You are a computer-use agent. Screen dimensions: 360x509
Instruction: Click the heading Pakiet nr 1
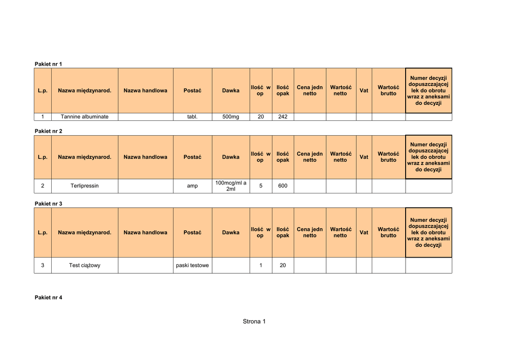pos(48,64)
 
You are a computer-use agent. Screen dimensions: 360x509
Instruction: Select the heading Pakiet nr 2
pos(48,131)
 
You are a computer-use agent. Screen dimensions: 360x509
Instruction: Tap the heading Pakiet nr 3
pos(48,204)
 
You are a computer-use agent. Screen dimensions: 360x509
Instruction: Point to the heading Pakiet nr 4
pos(48,297)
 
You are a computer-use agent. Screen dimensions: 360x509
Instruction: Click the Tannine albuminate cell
pos(85,117)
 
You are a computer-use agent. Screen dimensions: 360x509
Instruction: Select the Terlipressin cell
pos(85,186)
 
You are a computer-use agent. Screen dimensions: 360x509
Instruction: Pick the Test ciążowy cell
pos(85,266)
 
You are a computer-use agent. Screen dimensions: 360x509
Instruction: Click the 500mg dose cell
pos(231,117)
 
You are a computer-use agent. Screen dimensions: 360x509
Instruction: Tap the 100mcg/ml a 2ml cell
pos(231,186)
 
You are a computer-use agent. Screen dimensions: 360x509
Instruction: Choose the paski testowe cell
pos(192,266)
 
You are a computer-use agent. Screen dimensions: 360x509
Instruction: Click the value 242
pos(283,117)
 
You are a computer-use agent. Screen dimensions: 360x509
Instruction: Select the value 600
pos(283,186)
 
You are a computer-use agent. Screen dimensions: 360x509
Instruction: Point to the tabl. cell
pos(192,117)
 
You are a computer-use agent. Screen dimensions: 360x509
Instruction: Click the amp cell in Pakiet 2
pos(192,186)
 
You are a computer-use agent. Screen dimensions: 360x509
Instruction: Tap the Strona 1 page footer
pos(254,321)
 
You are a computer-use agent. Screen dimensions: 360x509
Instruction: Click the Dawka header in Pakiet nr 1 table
pos(231,90)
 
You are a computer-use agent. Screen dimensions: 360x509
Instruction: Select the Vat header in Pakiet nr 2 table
pos(364,157)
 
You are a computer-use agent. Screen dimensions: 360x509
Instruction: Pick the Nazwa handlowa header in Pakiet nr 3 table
pos(145,233)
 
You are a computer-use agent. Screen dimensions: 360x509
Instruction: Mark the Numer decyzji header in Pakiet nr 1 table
pos(428,90)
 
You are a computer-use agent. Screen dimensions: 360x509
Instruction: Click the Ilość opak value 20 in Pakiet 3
pos(283,266)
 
